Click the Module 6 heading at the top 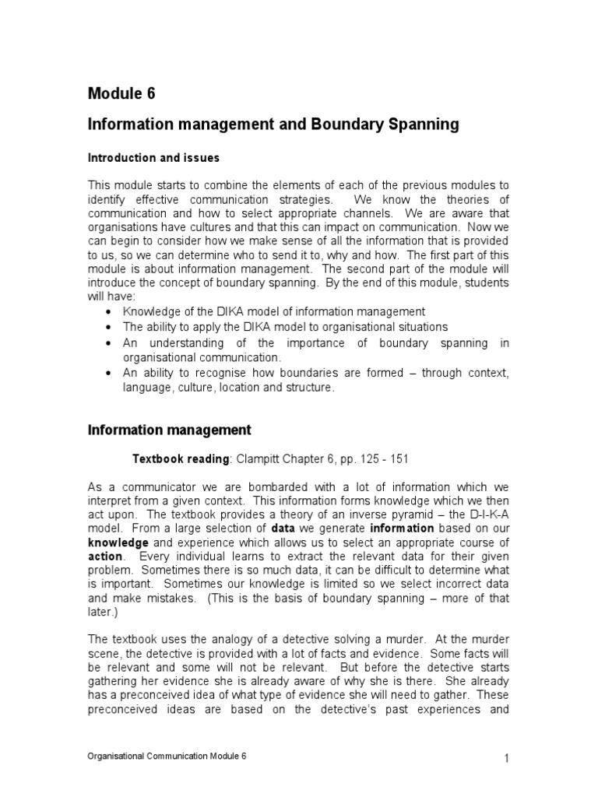[x=121, y=93]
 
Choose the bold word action [x=105, y=557]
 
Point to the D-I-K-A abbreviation [x=484, y=514]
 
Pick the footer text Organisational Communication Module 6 [x=167, y=757]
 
